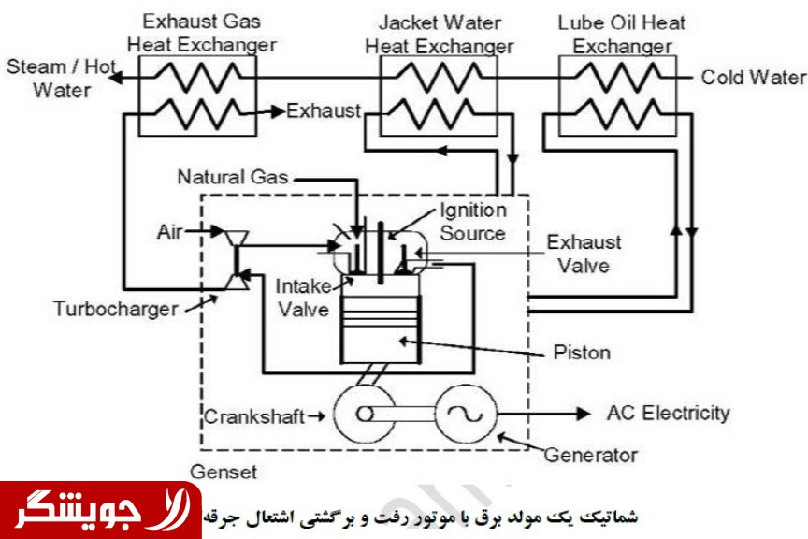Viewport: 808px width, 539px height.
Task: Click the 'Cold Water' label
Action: (753, 77)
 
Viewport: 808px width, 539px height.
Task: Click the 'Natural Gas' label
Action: (233, 177)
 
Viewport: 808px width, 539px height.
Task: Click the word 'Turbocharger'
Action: (115, 308)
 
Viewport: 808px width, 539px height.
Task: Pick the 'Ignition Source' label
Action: (472, 221)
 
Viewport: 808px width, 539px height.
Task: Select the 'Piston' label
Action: (582, 353)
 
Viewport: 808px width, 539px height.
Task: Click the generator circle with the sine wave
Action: (463, 413)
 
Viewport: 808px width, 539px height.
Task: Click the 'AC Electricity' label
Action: (668, 413)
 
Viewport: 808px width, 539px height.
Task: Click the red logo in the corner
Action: (100, 510)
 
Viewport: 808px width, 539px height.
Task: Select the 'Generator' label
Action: (591, 456)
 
